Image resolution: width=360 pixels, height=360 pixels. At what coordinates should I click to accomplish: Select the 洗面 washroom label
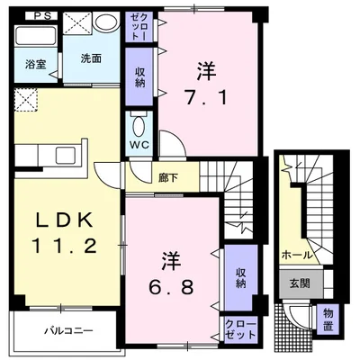[x=90, y=58]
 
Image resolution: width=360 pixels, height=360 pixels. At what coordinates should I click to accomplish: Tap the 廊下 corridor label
[x=168, y=177]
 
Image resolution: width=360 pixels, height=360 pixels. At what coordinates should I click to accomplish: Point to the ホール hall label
[x=297, y=255]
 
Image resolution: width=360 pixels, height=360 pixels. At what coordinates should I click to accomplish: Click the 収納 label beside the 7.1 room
[x=142, y=76]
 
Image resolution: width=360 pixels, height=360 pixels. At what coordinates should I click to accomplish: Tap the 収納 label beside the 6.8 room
[x=241, y=277]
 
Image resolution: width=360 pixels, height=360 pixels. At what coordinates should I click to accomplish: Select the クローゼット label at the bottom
[x=240, y=330]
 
